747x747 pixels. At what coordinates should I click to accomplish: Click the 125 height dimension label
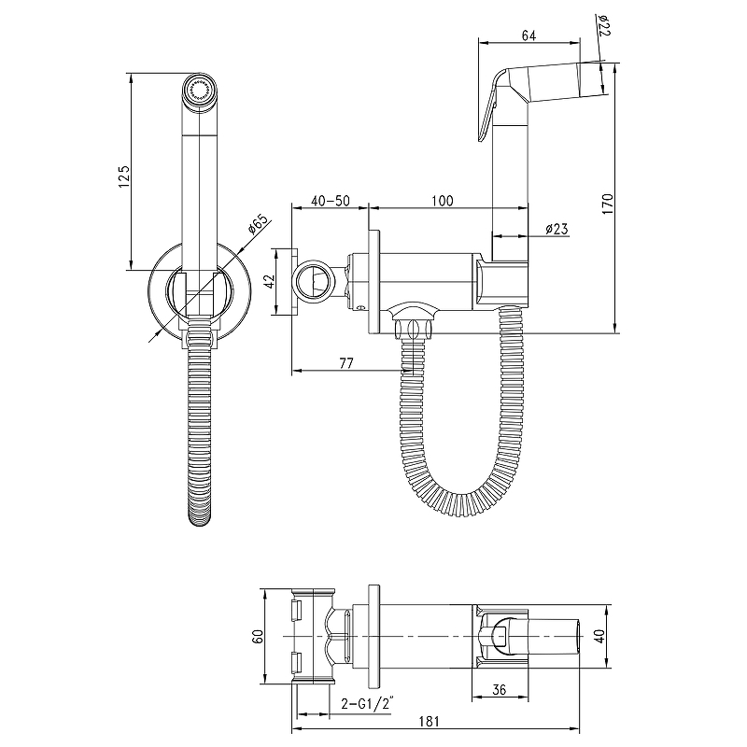(x=124, y=176)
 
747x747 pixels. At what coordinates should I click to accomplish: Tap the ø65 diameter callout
(x=259, y=224)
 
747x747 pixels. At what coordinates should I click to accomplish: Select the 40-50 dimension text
(x=331, y=201)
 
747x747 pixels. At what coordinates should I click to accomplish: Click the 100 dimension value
(x=443, y=201)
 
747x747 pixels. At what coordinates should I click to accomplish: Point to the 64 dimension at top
(x=529, y=35)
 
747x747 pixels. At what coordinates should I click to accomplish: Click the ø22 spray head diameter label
(x=604, y=25)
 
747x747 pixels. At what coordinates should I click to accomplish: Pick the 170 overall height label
(x=608, y=204)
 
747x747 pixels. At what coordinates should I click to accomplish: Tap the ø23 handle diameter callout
(x=557, y=229)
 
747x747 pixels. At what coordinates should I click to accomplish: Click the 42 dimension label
(x=270, y=281)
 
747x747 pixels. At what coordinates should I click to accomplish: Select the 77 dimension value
(x=346, y=363)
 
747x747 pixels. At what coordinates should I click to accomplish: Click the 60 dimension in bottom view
(x=258, y=637)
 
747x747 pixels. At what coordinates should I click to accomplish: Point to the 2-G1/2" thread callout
(x=368, y=704)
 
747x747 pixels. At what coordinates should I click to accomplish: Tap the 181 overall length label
(x=429, y=721)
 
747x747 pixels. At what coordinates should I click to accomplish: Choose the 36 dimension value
(x=499, y=689)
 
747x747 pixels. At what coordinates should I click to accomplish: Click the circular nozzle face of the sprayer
(x=200, y=90)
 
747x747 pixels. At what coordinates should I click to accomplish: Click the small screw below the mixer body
(x=360, y=307)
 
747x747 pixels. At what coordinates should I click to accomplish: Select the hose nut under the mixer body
(x=413, y=329)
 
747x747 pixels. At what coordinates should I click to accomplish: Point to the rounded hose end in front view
(x=200, y=516)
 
